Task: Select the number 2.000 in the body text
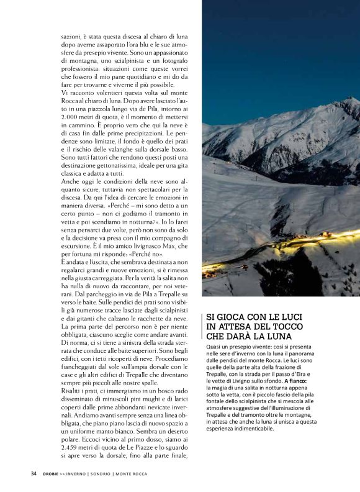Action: point(73,116)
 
